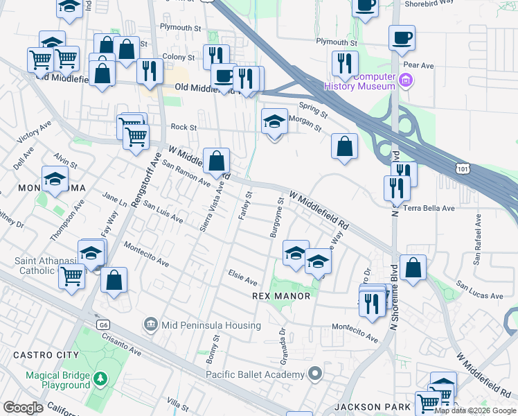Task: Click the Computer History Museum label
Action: (x=359, y=81)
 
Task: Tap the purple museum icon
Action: (x=406, y=81)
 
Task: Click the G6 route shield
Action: (x=103, y=324)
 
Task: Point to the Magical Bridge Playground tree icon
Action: (x=101, y=379)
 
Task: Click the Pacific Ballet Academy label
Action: (x=255, y=375)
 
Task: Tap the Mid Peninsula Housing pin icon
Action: (x=150, y=324)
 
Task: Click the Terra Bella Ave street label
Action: (x=429, y=208)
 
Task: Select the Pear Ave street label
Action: (x=418, y=65)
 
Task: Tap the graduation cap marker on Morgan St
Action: (x=274, y=121)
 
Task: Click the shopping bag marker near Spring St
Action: (x=344, y=146)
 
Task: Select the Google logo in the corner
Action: (x=22, y=408)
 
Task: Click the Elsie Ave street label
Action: (x=243, y=278)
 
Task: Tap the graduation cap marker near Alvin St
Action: (x=55, y=180)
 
